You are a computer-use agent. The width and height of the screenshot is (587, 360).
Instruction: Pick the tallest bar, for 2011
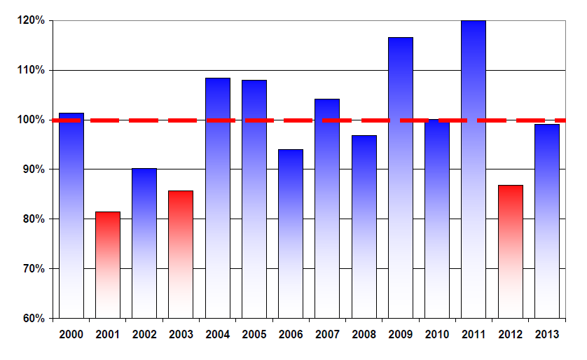[x=474, y=169]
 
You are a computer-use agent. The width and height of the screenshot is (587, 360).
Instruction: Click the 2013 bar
[x=546, y=221]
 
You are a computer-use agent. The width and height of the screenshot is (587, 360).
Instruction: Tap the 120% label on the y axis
[x=31, y=21]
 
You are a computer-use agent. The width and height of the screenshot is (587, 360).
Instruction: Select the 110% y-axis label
[x=31, y=70]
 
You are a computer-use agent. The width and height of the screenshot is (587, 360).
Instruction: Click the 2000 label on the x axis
[x=71, y=335]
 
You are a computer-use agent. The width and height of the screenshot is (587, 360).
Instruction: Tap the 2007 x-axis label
[x=327, y=335]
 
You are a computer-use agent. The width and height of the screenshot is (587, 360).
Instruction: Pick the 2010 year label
[x=437, y=335]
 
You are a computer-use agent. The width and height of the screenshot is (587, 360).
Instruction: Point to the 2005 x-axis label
[x=254, y=335]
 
